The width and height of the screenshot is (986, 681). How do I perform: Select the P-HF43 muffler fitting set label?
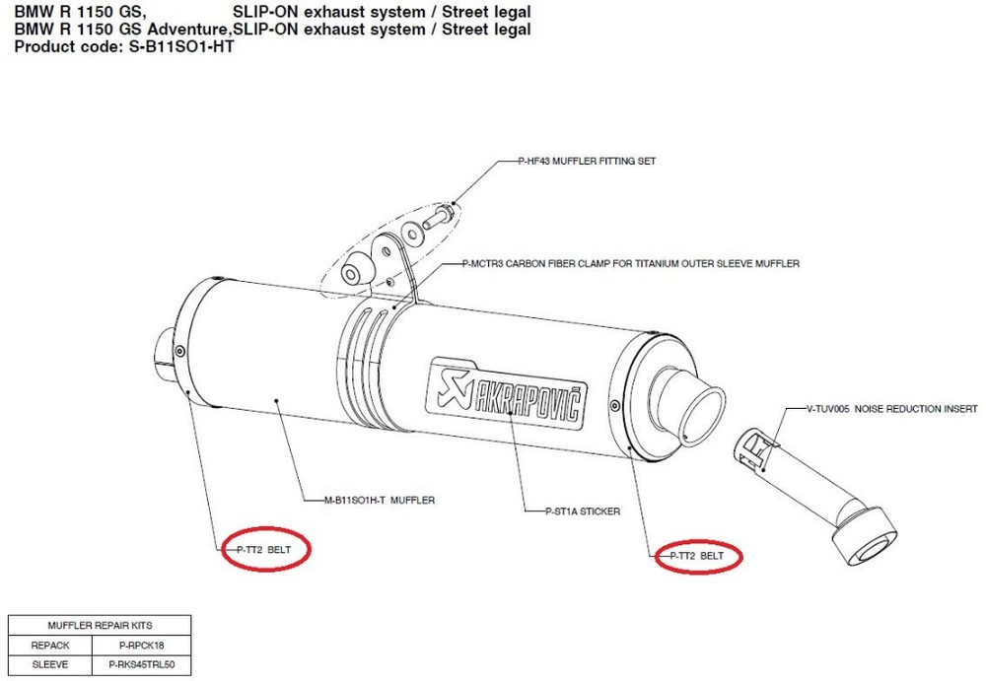pos(587,161)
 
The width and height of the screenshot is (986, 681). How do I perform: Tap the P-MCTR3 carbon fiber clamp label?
pos(630,264)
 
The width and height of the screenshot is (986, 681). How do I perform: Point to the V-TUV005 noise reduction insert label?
pos(891,407)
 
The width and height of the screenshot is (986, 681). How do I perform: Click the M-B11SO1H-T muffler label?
pos(379,500)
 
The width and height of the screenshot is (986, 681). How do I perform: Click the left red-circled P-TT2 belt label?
pos(266,549)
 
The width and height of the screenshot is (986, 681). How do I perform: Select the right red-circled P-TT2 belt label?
pos(697,556)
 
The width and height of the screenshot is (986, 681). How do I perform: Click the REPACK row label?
pos(49,645)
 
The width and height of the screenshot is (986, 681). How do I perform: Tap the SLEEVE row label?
pos(49,664)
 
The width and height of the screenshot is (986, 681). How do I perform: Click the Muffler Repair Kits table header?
pos(100,625)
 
